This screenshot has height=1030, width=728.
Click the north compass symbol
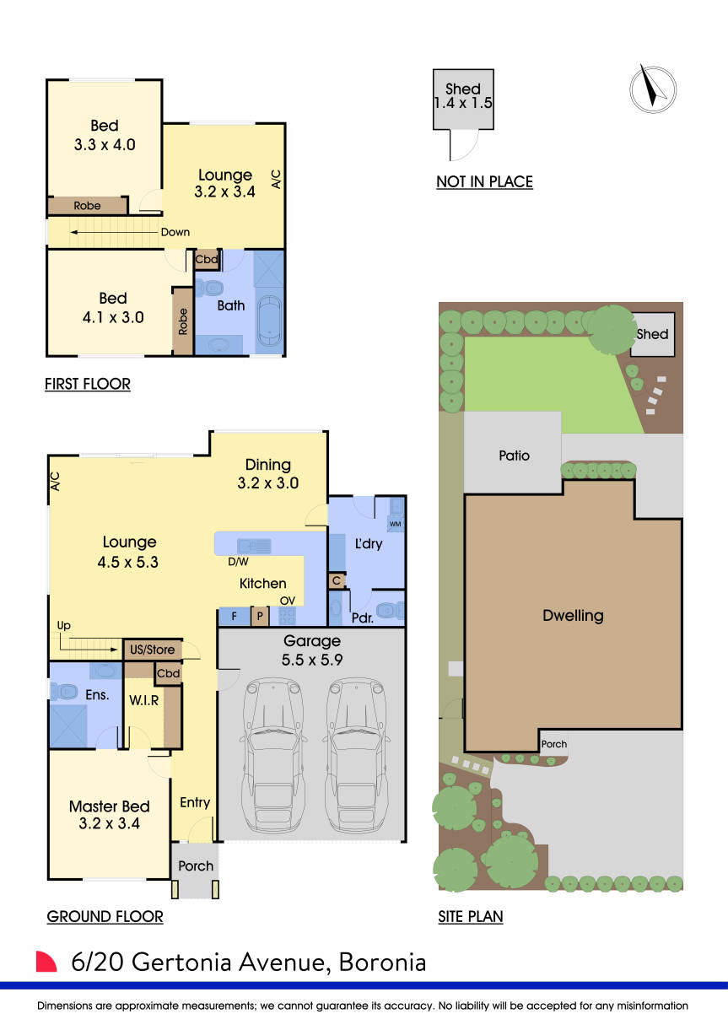653,87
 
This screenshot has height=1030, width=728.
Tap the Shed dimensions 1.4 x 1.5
463,105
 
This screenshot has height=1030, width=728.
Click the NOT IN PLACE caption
484,181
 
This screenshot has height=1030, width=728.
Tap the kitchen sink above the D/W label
253,545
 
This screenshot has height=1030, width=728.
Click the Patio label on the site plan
514,456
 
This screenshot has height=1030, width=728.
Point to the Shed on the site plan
652,334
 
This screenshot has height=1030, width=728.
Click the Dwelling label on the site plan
573,615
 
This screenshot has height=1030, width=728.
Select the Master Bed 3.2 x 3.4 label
110,814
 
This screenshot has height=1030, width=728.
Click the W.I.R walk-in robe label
144,699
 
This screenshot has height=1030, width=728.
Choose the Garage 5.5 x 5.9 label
311,650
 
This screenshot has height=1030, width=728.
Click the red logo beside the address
46,963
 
